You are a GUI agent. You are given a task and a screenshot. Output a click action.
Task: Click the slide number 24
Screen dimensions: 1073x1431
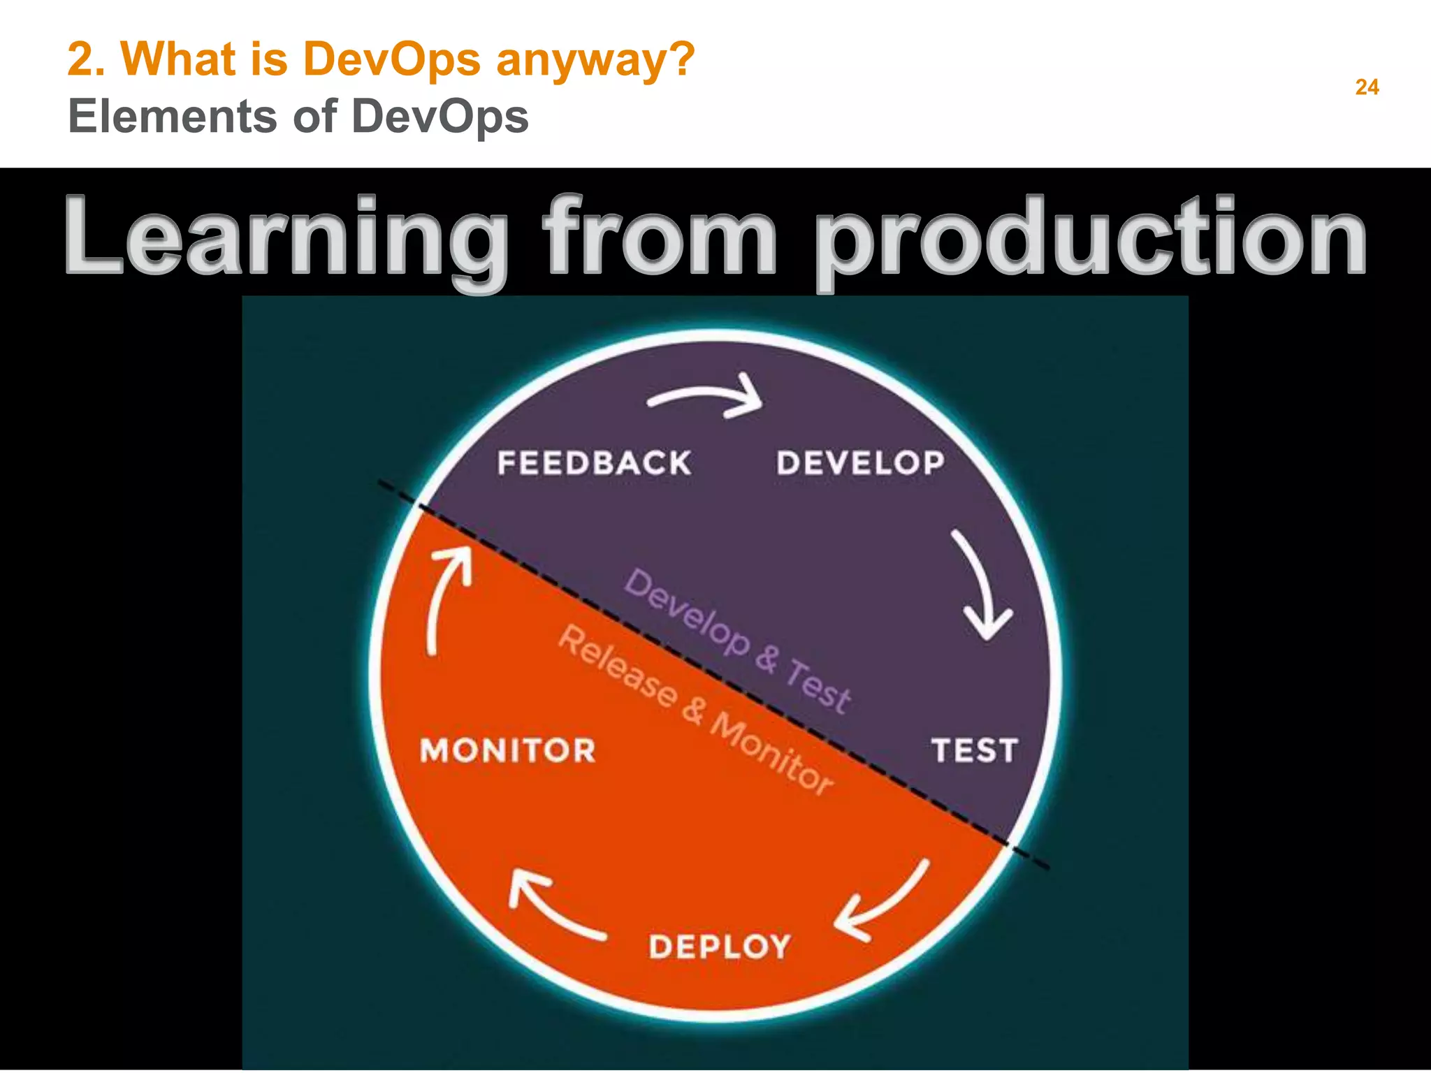pos(1367,87)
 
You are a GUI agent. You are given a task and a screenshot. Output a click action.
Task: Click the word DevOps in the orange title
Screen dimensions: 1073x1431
pos(391,59)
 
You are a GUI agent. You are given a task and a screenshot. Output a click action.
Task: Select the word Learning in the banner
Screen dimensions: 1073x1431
pos(286,238)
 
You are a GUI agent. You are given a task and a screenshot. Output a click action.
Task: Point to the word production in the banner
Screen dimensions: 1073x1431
pos(1090,238)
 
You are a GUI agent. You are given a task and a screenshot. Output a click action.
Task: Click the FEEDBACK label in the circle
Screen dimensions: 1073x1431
pos(594,463)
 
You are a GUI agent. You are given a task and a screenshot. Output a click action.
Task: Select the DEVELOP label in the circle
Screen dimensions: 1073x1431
pos(860,463)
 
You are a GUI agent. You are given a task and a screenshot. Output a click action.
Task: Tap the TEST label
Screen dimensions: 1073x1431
pos(974,750)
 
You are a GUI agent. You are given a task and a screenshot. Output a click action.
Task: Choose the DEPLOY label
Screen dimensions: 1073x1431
pos(720,947)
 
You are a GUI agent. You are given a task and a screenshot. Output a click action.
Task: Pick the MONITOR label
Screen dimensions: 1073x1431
pos(508,750)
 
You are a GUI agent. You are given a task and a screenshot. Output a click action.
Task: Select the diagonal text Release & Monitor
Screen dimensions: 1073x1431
pos(696,710)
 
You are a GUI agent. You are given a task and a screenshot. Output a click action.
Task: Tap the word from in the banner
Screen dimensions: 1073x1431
pos(660,238)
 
